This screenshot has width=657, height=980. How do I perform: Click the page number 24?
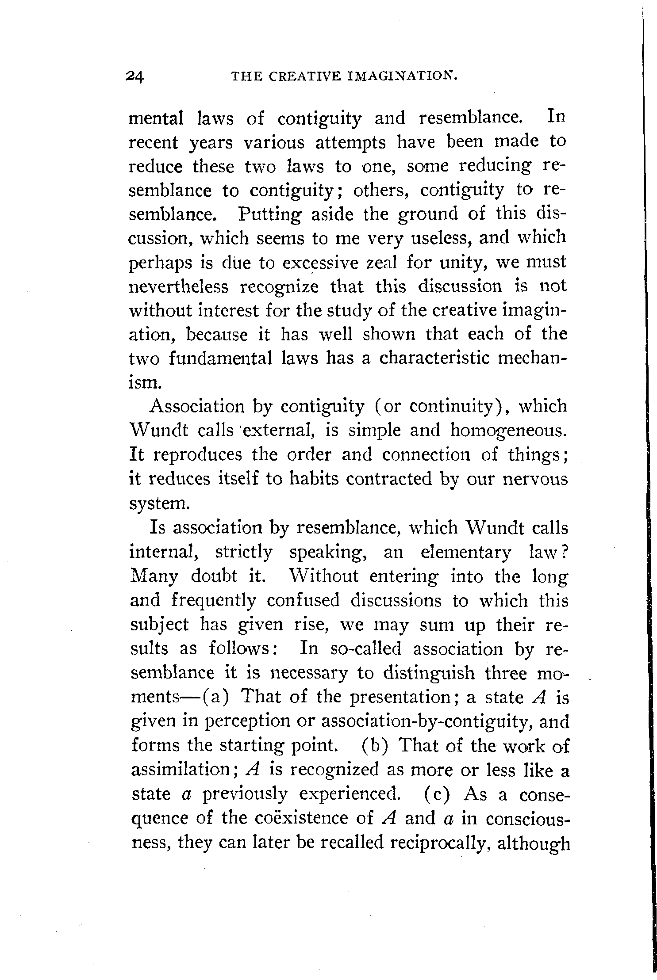134,77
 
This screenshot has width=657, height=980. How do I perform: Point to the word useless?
441,238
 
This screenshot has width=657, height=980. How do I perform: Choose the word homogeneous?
508,431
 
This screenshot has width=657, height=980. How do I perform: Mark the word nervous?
535,479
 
